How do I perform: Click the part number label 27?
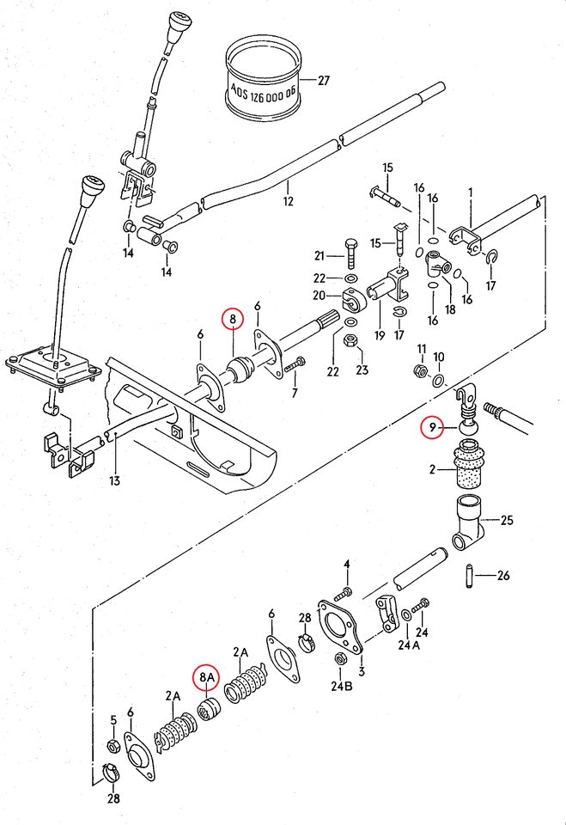click(x=323, y=82)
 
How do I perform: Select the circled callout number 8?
click(x=232, y=320)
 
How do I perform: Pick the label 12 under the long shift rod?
click(x=288, y=202)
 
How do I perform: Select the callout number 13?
click(x=114, y=480)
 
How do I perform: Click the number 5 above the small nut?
click(x=113, y=718)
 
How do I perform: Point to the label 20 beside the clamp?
click(x=319, y=295)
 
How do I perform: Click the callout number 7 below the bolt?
click(x=295, y=393)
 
